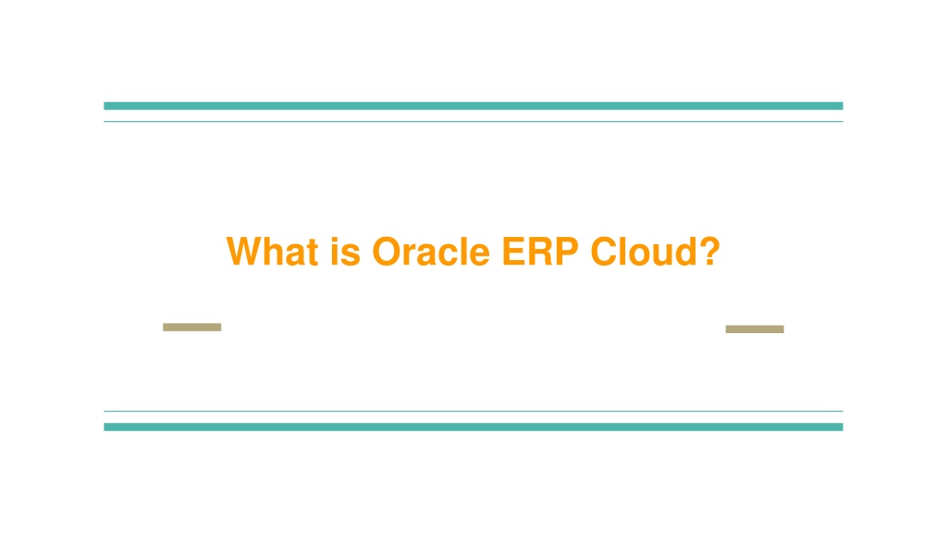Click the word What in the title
click(273, 252)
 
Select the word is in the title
click(346, 252)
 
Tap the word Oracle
click(431, 252)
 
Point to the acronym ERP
click(540, 252)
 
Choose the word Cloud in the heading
click(644, 252)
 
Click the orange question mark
click(710, 251)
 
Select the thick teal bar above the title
click(473, 105)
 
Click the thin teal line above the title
click(473, 121)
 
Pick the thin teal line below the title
click(473, 411)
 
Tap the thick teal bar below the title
click(473, 427)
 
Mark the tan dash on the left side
click(192, 327)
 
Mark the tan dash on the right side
click(755, 328)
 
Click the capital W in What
click(246, 252)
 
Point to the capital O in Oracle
click(387, 252)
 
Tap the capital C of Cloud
click(605, 252)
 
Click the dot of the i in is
click(334, 240)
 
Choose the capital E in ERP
click(514, 252)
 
